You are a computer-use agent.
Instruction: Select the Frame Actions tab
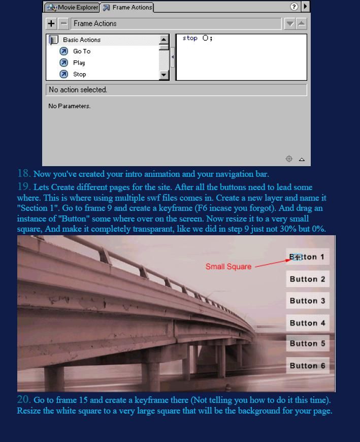tap(126, 8)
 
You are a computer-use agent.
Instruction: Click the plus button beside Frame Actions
tap(51, 23)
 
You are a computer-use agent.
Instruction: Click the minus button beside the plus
tap(63, 23)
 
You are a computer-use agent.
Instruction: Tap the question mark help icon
tap(294, 7)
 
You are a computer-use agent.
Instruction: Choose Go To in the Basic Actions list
tap(81, 51)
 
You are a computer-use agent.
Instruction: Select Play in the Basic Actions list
tap(79, 63)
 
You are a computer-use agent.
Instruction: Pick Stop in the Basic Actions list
tap(79, 74)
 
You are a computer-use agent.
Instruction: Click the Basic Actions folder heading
tap(81, 40)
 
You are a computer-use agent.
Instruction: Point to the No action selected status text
tap(78, 90)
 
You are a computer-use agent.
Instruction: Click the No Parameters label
tap(70, 106)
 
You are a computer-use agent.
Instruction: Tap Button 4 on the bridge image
tap(307, 323)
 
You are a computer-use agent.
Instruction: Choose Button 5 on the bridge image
tap(307, 343)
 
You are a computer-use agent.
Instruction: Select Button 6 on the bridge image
tap(307, 366)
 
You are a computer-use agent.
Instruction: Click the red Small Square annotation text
tap(228, 267)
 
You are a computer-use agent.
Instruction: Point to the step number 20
tap(23, 400)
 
